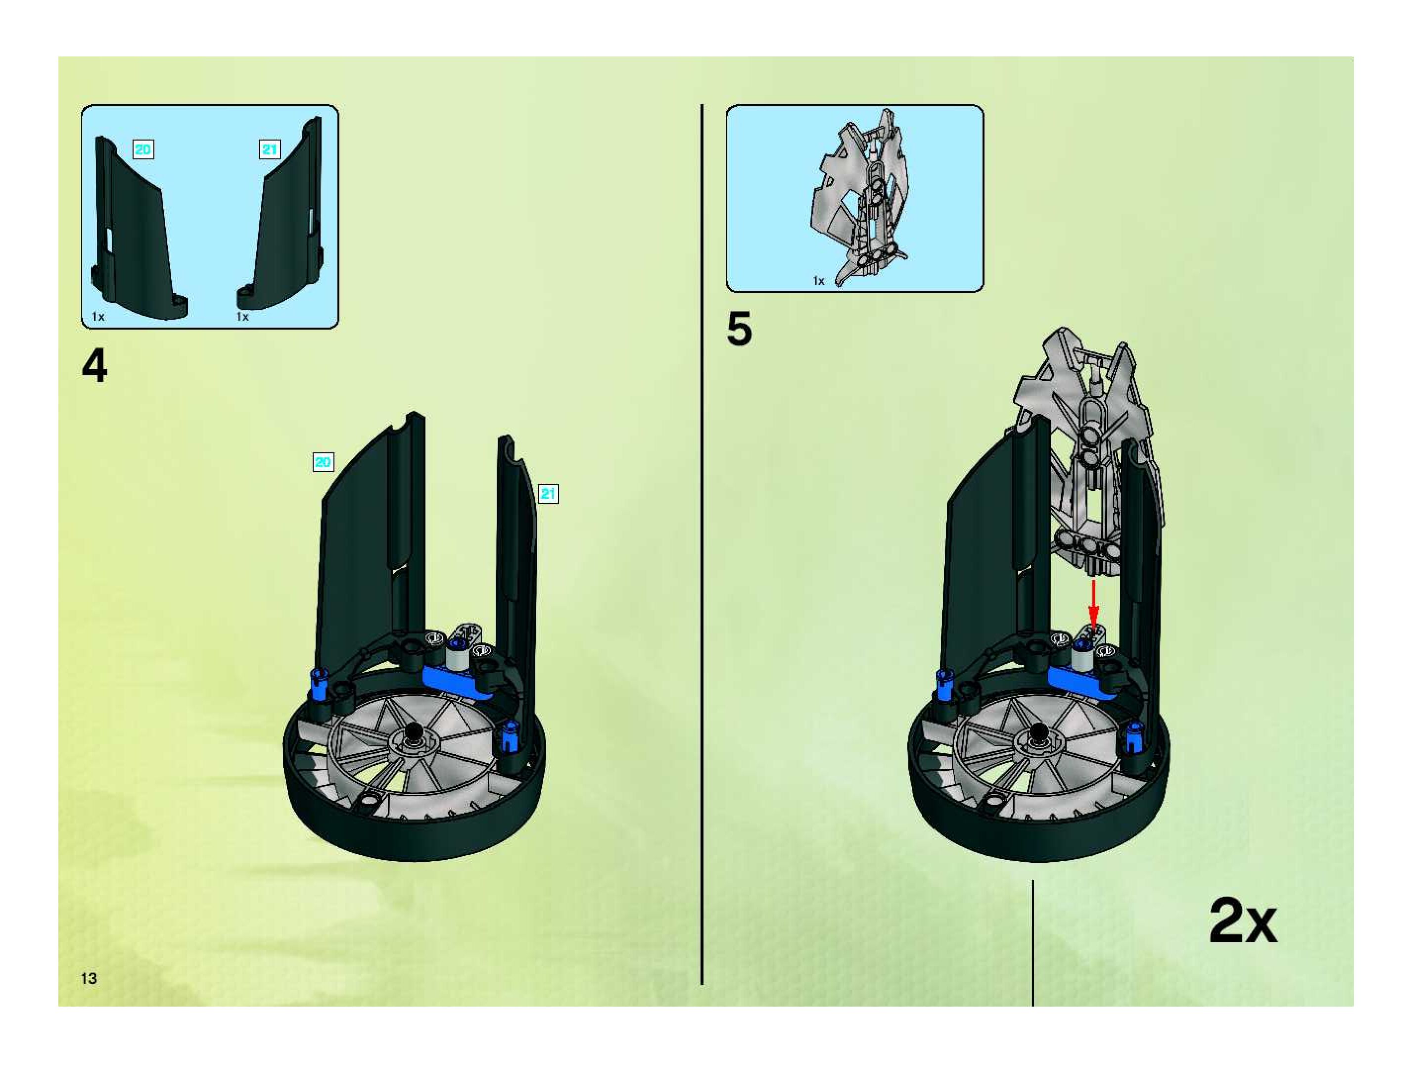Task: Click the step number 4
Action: [x=94, y=367]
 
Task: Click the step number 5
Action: [x=739, y=330]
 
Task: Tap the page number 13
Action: [x=89, y=978]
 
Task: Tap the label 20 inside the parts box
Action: [x=143, y=149]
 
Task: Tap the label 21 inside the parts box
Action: [x=270, y=149]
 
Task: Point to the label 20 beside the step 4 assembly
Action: [x=323, y=462]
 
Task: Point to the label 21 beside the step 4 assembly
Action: [x=548, y=493]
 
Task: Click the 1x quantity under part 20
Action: [x=98, y=316]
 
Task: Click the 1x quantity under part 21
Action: [x=243, y=316]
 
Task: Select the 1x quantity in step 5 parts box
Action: [x=819, y=281]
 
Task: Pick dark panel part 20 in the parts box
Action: [x=137, y=235]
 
